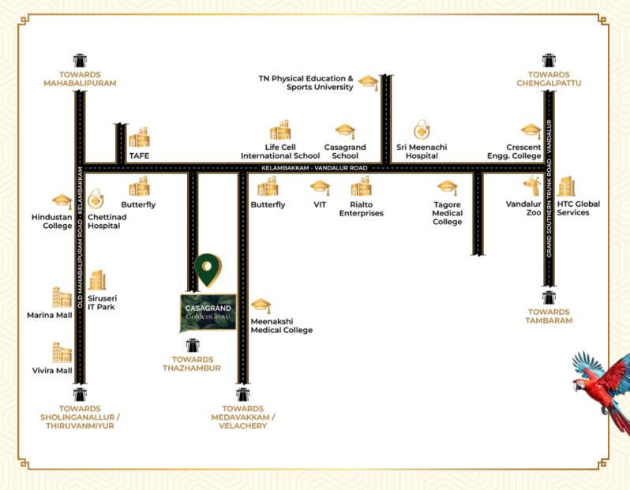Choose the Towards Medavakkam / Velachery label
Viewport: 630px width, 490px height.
(243, 417)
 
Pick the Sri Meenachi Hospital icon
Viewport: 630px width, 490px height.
(422, 130)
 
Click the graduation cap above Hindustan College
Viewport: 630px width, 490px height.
(62, 202)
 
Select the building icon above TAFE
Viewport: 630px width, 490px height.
(139, 137)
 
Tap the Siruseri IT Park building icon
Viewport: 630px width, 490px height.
(97, 280)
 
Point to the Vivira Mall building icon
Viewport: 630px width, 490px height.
(62, 352)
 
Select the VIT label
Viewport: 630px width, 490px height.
(320, 204)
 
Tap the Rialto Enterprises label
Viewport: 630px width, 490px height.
(361, 209)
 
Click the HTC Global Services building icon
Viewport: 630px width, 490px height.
(566, 187)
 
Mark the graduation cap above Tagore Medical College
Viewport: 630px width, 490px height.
(448, 188)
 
